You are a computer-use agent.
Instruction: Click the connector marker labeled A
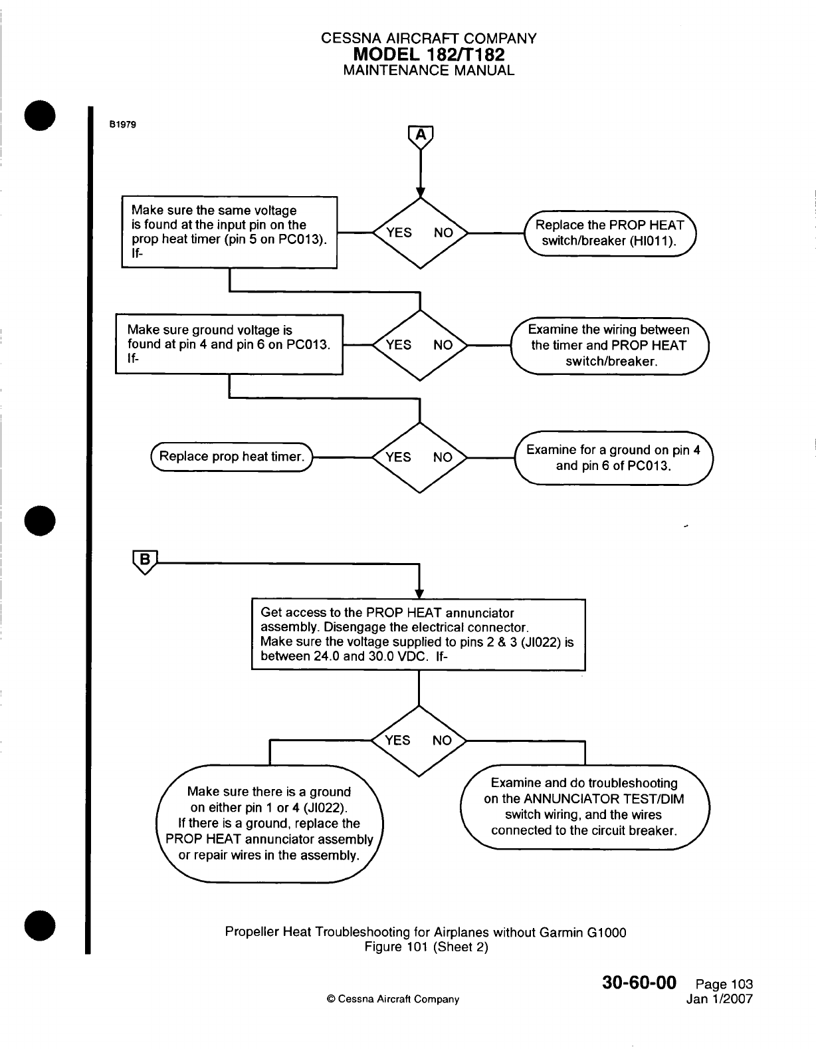(420, 136)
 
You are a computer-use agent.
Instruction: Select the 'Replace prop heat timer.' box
(232, 457)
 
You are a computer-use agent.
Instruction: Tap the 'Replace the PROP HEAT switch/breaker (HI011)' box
(609, 233)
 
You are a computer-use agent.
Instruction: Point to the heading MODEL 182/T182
(429, 55)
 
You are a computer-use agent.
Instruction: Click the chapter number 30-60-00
(639, 983)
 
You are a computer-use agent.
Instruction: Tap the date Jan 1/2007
(720, 998)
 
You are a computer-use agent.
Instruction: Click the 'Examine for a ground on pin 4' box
(613, 457)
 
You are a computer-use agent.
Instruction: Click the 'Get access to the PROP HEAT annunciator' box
(418, 634)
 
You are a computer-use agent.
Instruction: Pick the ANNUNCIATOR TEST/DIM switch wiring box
(584, 806)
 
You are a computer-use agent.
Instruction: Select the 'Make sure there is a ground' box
(269, 824)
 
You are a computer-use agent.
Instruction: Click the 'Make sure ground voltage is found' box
(229, 344)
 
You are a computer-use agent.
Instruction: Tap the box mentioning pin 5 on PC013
(229, 232)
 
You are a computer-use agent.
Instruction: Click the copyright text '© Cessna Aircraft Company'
(393, 999)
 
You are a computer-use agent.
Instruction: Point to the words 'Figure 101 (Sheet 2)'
(426, 947)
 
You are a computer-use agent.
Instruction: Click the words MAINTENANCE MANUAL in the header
(429, 70)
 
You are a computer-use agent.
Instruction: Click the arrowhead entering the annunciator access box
(419, 594)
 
